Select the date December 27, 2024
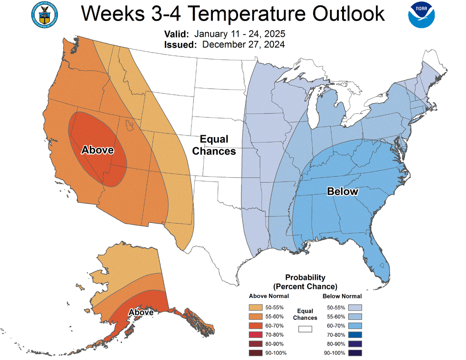click(244, 45)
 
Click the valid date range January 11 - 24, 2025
click(240, 35)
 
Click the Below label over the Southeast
click(343, 191)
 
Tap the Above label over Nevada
click(97, 150)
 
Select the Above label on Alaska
click(141, 312)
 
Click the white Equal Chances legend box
click(305, 329)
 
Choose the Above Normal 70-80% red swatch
click(255, 334)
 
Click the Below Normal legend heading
click(342, 296)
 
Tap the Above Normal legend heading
click(269, 296)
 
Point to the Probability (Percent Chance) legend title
click(305, 282)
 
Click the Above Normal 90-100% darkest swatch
click(255, 353)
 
